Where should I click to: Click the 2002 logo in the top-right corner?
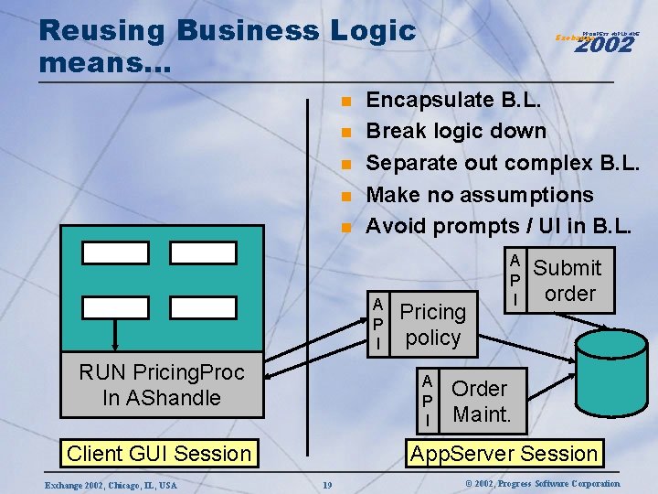point(604,41)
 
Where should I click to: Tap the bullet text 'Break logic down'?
point(456,131)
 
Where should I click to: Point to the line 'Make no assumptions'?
point(480,195)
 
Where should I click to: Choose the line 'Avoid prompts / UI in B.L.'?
point(498,225)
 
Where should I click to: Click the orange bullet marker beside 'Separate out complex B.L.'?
point(346,165)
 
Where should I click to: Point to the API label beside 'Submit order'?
point(515,280)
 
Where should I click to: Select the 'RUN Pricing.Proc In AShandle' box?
point(162,385)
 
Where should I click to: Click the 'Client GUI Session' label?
point(159,453)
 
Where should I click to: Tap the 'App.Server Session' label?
point(504,453)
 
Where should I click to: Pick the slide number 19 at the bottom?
point(326,484)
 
